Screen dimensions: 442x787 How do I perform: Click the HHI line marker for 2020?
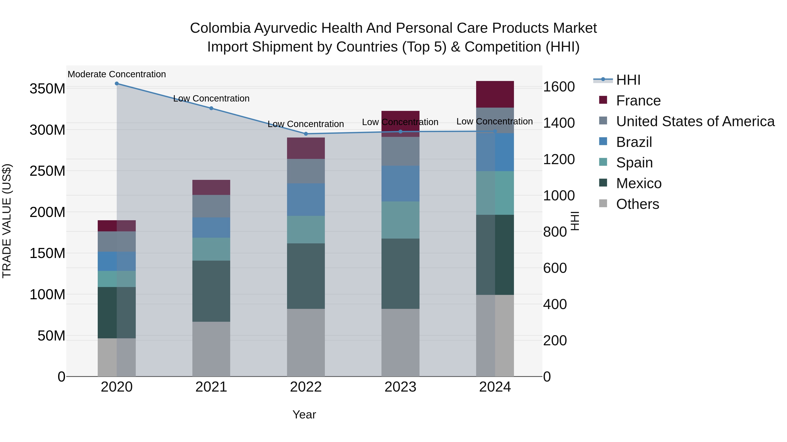pos(117,84)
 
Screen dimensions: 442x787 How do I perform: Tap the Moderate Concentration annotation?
pos(117,74)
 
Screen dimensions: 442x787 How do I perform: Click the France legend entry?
pos(638,101)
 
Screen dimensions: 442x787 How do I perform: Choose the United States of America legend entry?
pos(695,121)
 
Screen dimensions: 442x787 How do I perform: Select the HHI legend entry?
pos(628,80)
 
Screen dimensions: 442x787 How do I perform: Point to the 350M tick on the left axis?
pos(47,89)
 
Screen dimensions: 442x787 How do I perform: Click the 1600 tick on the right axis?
pos(559,87)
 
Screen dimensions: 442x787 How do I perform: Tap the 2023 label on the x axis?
pos(400,387)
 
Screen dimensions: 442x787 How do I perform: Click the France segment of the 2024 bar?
pos(495,94)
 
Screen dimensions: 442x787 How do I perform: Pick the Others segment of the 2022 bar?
pos(306,342)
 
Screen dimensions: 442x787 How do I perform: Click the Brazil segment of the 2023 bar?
pos(400,184)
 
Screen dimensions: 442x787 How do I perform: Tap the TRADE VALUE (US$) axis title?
pos(7,221)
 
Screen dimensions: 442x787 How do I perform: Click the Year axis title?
pos(304,414)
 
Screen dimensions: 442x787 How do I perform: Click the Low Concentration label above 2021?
pos(211,98)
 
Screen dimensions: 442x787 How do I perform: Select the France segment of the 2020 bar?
pos(117,226)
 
